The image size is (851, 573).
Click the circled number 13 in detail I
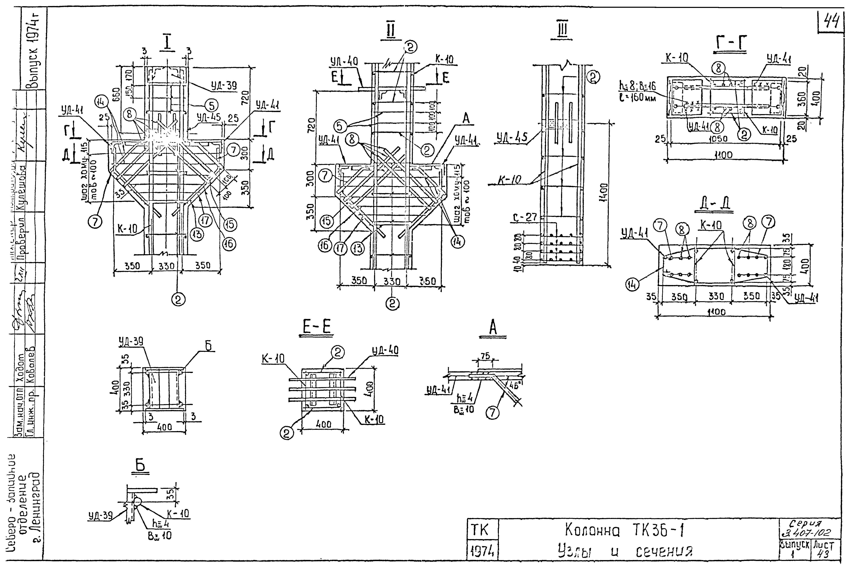click(197, 234)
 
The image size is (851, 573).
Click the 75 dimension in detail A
click(485, 356)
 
